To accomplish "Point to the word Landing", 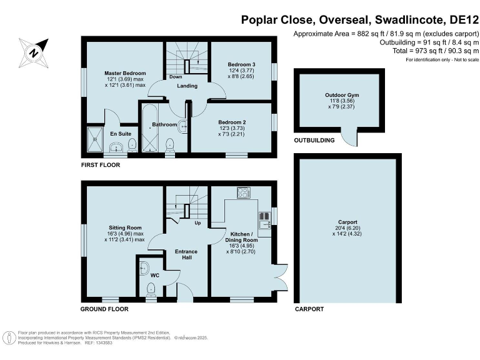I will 187,86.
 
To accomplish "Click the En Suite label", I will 121,134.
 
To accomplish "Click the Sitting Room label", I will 125,227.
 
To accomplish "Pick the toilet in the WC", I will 150,289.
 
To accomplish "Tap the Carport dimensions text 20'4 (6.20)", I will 348,229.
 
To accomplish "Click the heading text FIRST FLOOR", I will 100,166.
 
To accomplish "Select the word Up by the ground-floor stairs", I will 197,223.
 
